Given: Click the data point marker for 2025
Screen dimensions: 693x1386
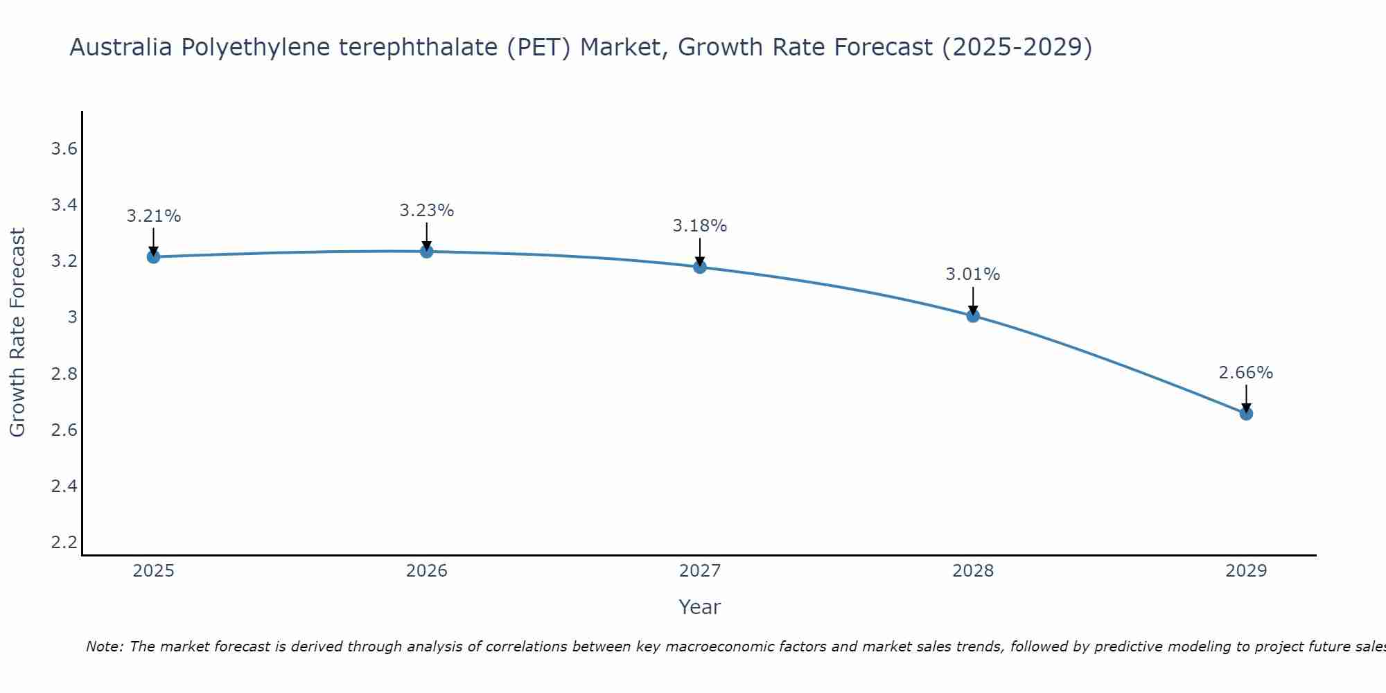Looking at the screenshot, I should [x=153, y=257].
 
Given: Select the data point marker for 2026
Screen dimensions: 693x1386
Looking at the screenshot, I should [x=427, y=252].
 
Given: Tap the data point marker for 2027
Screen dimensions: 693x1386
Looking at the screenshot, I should [x=700, y=267].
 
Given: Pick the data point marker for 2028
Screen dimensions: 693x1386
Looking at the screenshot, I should [x=973, y=316].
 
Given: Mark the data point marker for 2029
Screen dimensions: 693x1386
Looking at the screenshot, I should [x=1246, y=414].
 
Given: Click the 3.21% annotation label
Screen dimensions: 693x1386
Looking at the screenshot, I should [x=153, y=216].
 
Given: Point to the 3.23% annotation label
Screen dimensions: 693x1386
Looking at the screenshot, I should [x=427, y=211].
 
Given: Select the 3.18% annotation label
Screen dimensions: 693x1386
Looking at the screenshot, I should [x=700, y=226].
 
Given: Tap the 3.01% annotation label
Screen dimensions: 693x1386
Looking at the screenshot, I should [x=973, y=274].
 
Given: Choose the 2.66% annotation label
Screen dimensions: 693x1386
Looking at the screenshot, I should [x=1246, y=373].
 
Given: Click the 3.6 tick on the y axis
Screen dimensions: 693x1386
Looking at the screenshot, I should [x=64, y=149].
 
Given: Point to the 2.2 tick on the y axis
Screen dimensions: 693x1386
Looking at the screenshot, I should [x=64, y=542].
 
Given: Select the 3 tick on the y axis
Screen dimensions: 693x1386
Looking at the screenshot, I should [x=71, y=317].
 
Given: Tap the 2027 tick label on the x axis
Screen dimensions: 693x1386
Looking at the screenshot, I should [x=700, y=571].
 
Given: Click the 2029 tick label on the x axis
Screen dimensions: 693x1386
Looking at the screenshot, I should [x=1246, y=571].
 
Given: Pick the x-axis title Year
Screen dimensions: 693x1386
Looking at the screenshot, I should [x=700, y=607].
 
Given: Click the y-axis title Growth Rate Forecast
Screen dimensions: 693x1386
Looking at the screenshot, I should [x=18, y=333].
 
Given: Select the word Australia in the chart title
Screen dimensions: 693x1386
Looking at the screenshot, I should [x=121, y=47].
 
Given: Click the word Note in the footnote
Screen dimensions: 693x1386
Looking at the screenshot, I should [x=104, y=647].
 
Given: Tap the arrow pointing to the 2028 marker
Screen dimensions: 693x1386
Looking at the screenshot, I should [x=973, y=301].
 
